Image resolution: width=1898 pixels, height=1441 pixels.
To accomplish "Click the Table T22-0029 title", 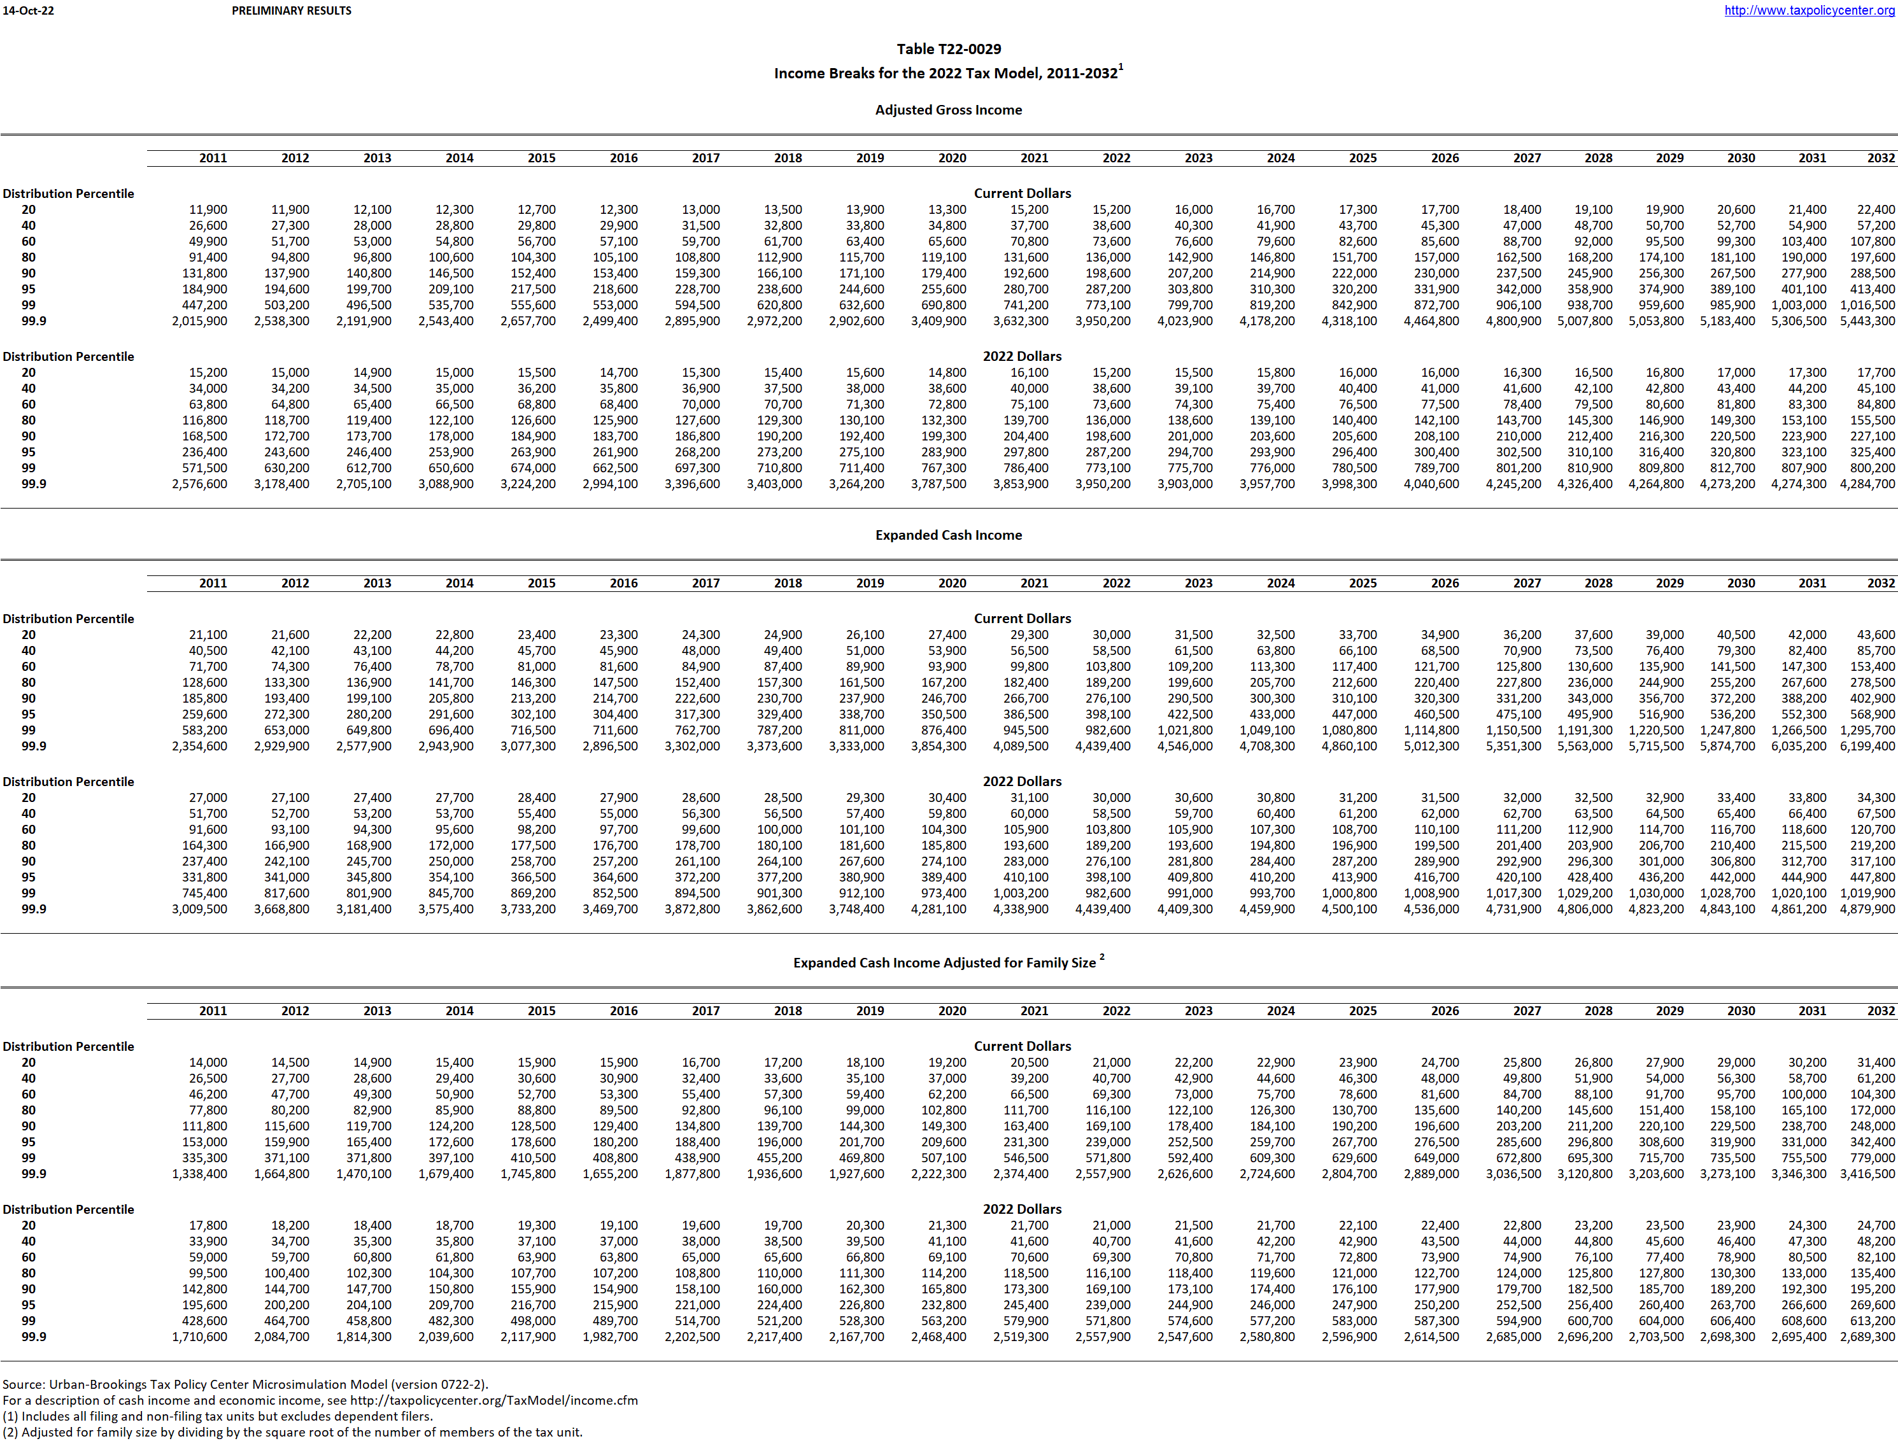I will (x=948, y=49).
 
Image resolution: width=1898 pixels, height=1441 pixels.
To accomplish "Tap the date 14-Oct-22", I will (x=28, y=10).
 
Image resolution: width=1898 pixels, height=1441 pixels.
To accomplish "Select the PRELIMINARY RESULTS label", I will (x=291, y=10).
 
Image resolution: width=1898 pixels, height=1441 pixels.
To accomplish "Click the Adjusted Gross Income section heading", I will (x=948, y=109).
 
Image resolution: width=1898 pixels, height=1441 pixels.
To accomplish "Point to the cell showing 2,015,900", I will (x=200, y=321).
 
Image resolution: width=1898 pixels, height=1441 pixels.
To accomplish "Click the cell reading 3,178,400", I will (x=281, y=484).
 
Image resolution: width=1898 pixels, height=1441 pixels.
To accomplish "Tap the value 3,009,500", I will (x=200, y=909).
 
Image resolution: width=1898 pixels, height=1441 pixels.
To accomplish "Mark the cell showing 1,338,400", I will (x=200, y=1174).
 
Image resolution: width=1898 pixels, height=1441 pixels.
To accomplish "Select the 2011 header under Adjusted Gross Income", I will (x=213, y=158).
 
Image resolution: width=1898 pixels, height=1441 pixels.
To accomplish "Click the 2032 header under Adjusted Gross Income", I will (x=1880, y=158).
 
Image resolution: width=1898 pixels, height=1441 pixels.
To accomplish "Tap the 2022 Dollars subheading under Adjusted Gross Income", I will (x=1022, y=356).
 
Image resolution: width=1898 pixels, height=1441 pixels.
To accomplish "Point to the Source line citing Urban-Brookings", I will (x=244, y=1384).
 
